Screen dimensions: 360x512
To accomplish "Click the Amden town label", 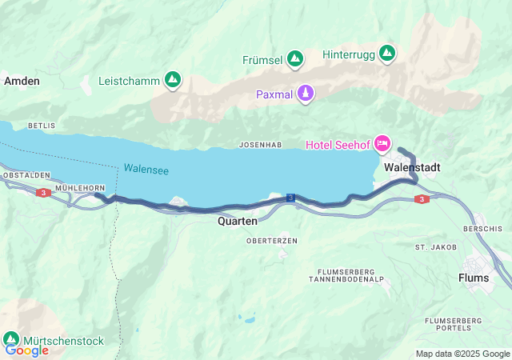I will [x=22, y=81].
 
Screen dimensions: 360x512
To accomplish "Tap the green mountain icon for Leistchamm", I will [x=172, y=80].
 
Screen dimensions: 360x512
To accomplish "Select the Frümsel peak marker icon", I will [x=295, y=59].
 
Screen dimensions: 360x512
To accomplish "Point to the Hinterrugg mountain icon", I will [x=387, y=54].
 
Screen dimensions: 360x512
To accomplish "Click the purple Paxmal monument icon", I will [x=305, y=94].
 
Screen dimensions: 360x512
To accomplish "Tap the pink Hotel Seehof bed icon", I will [x=382, y=144].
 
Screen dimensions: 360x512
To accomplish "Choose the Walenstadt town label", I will [x=411, y=167].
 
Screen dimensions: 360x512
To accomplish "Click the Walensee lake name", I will [x=146, y=170].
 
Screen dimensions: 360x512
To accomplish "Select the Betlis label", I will [x=42, y=126].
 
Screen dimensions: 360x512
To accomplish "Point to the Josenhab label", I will [x=260, y=145].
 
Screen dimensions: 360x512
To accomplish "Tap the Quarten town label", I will [x=238, y=221].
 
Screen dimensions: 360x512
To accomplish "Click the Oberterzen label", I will [x=272, y=240].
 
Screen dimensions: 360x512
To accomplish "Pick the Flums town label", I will [x=473, y=278].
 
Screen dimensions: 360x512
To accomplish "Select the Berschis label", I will [x=489, y=227].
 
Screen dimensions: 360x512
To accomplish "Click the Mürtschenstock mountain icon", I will [x=12, y=339].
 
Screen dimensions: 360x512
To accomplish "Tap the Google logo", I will [x=26, y=350].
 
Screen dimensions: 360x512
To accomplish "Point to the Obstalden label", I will [x=26, y=174].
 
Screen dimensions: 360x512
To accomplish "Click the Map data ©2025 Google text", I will [x=462, y=354].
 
